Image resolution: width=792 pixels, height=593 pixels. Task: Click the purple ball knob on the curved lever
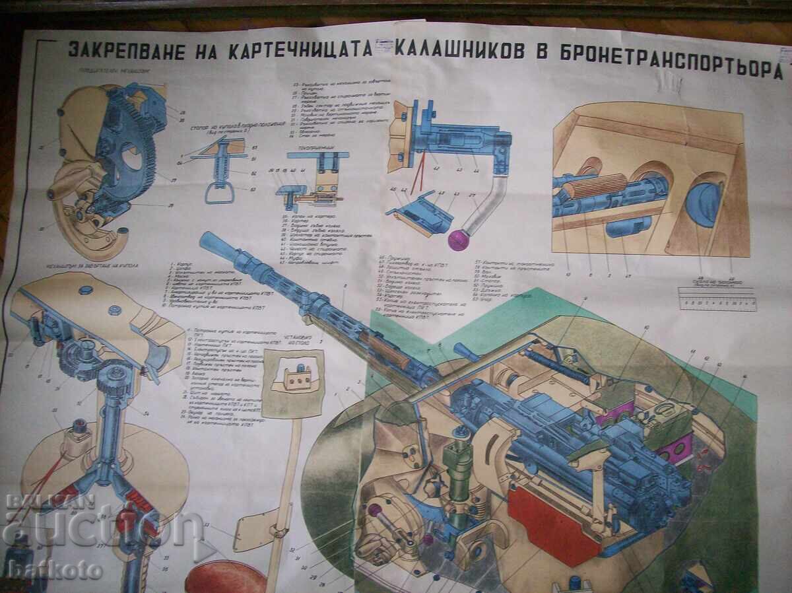pyautogui.click(x=457, y=240)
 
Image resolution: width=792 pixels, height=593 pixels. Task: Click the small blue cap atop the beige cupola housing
pyautogui.click(x=85, y=290)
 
